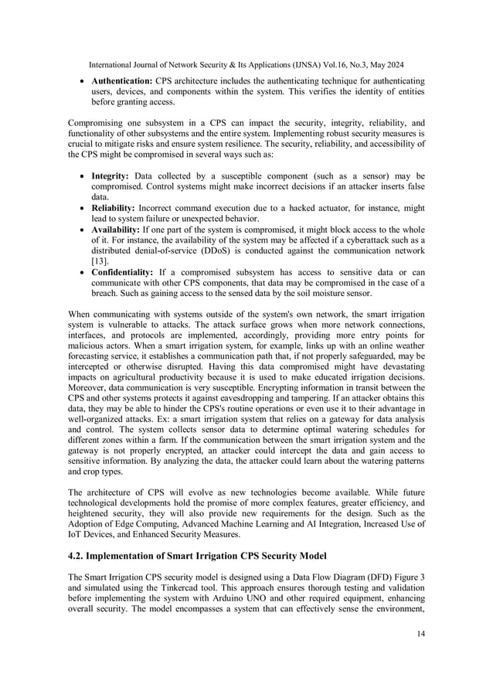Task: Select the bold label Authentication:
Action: point(122,81)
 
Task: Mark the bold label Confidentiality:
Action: point(127,273)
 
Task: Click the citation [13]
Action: point(99,262)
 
